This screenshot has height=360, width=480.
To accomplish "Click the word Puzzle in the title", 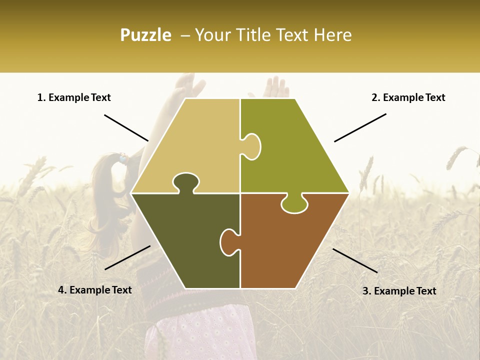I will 145,35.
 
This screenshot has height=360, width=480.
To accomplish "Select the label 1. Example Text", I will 74,97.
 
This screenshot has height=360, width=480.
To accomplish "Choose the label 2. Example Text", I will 408,97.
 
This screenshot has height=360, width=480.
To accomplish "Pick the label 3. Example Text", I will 399,291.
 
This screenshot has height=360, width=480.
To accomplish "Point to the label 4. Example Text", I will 95,290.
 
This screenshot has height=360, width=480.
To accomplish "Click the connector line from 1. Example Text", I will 126,127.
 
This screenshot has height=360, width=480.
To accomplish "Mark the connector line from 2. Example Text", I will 360,127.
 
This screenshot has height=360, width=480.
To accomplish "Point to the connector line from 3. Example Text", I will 355,260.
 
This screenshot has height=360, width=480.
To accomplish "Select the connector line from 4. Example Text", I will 127,257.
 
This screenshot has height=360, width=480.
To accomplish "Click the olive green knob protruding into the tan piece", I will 251,146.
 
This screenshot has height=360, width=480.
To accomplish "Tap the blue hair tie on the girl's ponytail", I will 121,159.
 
